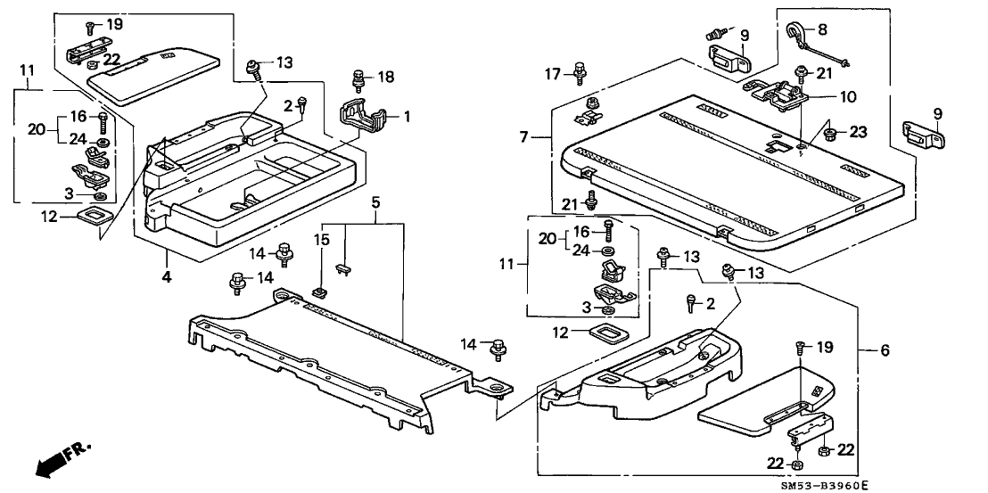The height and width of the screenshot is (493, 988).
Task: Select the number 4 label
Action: pyautogui.click(x=166, y=277)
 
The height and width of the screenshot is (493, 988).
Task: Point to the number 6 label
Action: pyautogui.click(x=885, y=351)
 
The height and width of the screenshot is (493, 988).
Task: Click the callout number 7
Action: pyautogui.click(x=524, y=137)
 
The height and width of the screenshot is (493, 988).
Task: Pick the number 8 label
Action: pyautogui.click(x=821, y=29)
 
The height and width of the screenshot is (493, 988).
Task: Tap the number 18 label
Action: pyautogui.click(x=385, y=78)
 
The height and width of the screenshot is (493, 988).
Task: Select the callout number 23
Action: pyautogui.click(x=858, y=132)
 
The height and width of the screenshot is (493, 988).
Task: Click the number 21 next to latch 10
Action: pyautogui.click(x=825, y=72)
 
